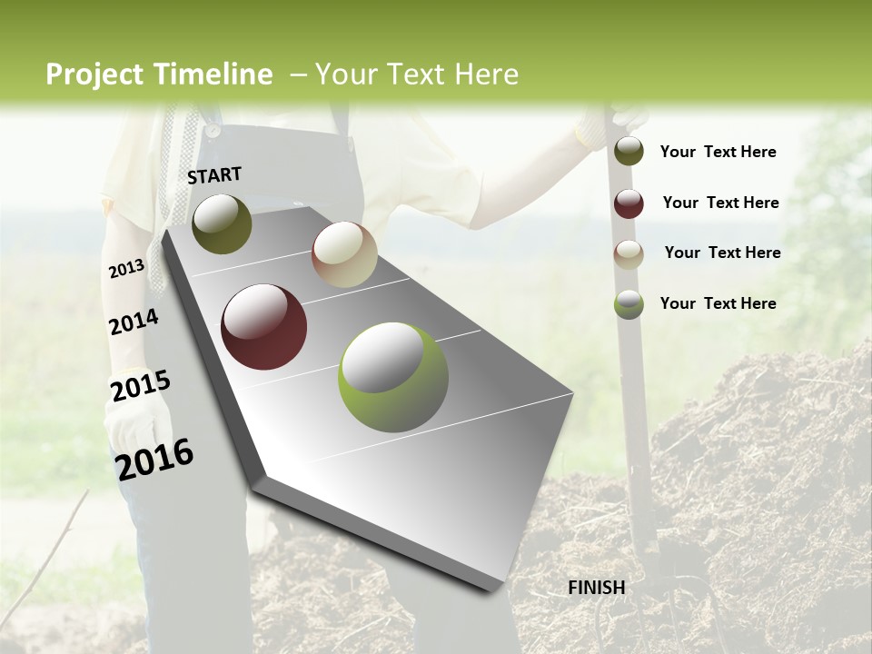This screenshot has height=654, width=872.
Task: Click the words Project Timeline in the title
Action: (159, 74)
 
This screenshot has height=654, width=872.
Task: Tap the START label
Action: (214, 175)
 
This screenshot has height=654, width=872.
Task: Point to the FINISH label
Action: (596, 588)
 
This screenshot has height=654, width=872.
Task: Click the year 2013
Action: (126, 269)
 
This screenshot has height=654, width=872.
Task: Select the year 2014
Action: (134, 322)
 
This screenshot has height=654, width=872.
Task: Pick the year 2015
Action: (140, 386)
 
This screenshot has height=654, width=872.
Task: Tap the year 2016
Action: (154, 459)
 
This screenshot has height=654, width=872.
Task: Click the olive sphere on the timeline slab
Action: (222, 223)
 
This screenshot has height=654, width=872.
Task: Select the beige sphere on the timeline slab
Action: (344, 254)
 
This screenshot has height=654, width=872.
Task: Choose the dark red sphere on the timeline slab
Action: (264, 327)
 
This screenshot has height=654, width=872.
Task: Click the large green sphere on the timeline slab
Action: (393, 377)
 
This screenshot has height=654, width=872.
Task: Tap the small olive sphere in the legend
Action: (629, 151)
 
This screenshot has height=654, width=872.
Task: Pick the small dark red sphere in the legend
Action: (629, 203)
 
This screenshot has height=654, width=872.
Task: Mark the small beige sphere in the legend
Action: (629, 254)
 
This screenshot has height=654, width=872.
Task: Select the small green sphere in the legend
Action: (629, 304)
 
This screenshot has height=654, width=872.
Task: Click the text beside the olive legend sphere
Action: (718, 152)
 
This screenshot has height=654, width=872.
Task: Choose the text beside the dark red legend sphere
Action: (720, 203)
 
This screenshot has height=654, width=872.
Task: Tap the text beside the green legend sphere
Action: (718, 303)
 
